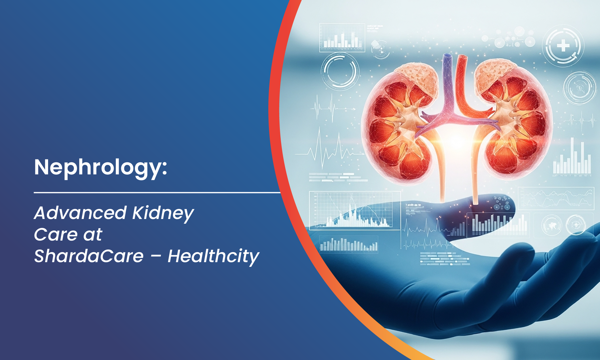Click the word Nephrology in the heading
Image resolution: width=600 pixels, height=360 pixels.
[97, 167]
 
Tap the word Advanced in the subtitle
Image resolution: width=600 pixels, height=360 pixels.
[80, 213]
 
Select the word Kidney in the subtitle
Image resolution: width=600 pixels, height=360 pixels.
[163, 214]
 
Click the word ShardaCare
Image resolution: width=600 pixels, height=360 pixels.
[89, 256]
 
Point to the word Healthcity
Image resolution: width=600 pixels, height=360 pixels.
[213, 256]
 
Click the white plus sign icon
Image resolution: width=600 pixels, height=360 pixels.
[563, 46]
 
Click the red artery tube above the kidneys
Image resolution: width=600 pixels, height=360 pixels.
[462, 75]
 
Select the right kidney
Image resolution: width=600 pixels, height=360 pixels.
[515, 124]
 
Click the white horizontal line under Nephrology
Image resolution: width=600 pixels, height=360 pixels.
[155, 192]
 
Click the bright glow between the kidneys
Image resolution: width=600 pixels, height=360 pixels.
[456, 141]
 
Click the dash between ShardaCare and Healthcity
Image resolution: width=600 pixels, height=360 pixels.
[156, 256]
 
